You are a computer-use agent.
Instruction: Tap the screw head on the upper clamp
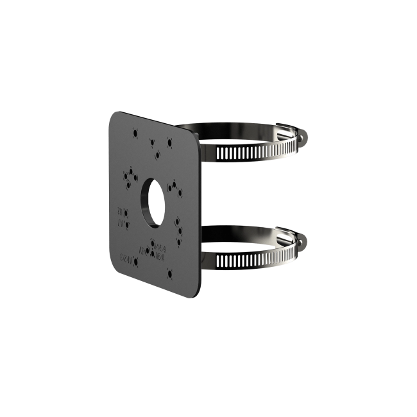coord(304,137)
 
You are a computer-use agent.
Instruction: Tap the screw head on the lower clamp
coord(303,242)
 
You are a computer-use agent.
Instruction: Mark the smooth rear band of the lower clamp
coord(244,230)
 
